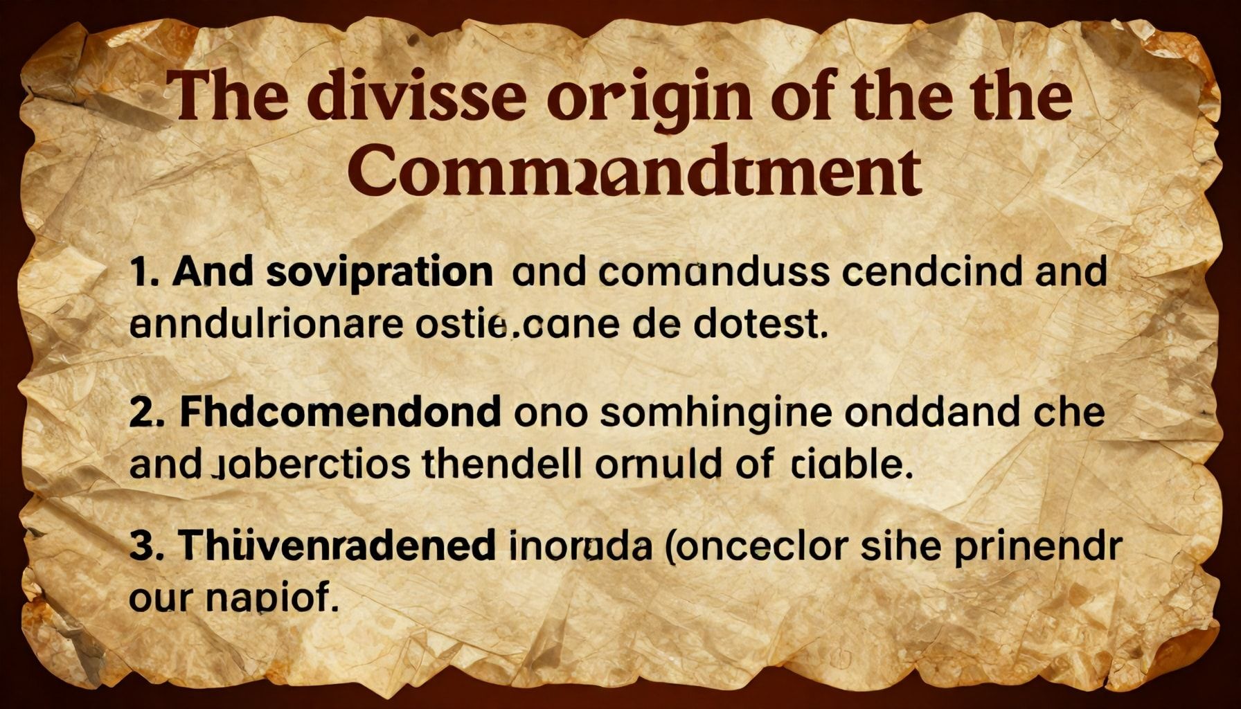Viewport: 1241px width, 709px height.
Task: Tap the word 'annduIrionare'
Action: point(266,325)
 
